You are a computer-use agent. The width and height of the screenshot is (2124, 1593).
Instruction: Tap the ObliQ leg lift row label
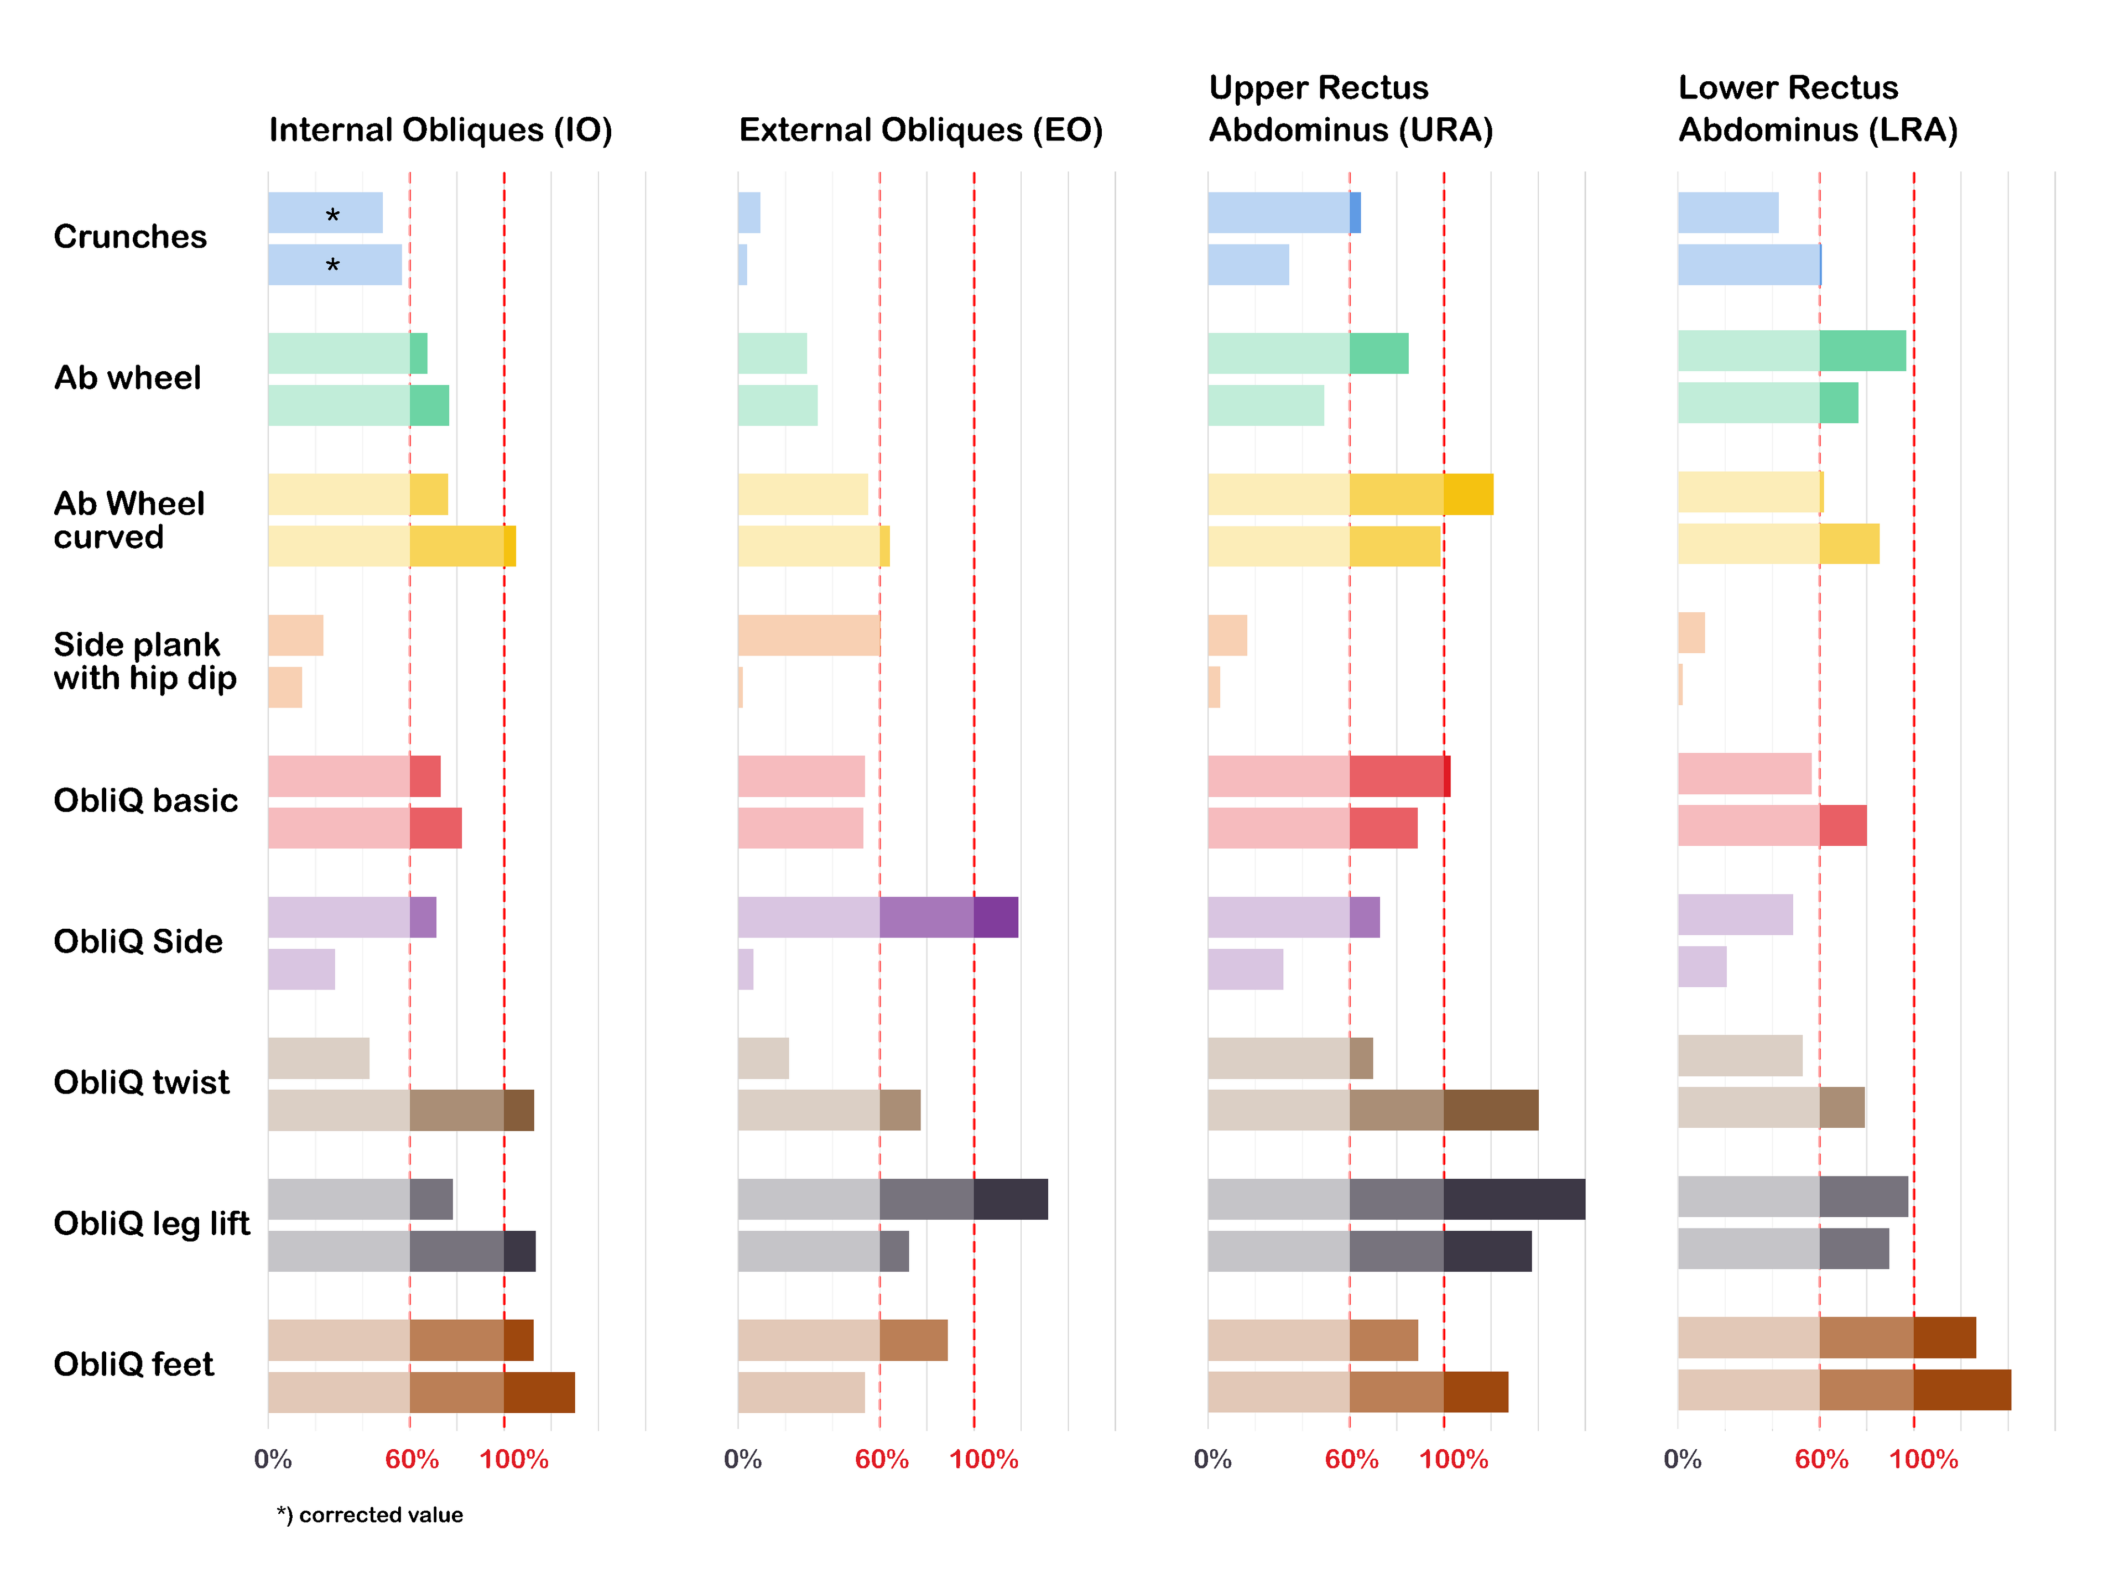pyautogui.click(x=152, y=1224)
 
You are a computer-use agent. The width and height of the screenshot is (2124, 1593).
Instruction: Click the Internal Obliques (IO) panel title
pyautogui.click(x=440, y=129)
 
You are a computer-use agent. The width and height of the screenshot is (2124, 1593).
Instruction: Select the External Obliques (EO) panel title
pyautogui.click(x=920, y=129)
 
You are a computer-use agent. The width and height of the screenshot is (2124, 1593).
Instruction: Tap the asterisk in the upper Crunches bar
pyautogui.click(x=332, y=215)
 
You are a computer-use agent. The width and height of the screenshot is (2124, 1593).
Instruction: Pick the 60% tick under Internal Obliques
pyautogui.click(x=412, y=1460)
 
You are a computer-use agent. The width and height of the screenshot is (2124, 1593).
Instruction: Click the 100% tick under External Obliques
pyautogui.click(x=983, y=1460)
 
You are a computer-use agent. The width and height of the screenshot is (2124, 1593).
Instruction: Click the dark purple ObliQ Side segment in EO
pyautogui.click(x=996, y=917)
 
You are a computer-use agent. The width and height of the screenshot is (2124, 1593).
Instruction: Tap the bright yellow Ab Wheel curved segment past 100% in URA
pyautogui.click(x=1468, y=494)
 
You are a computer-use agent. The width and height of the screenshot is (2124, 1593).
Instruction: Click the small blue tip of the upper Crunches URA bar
pyautogui.click(x=1355, y=212)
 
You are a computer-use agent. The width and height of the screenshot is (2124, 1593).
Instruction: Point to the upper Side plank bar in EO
pyautogui.click(x=809, y=636)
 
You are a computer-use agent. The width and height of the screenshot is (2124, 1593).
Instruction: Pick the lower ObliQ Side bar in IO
pyautogui.click(x=301, y=969)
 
